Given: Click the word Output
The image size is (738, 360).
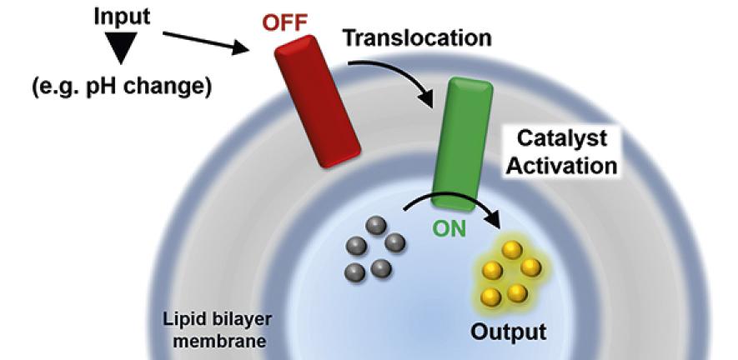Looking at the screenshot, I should [x=508, y=331].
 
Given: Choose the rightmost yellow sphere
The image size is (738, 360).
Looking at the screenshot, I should [x=530, y=267].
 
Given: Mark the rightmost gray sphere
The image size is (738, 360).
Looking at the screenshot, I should [x=394, y=242].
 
